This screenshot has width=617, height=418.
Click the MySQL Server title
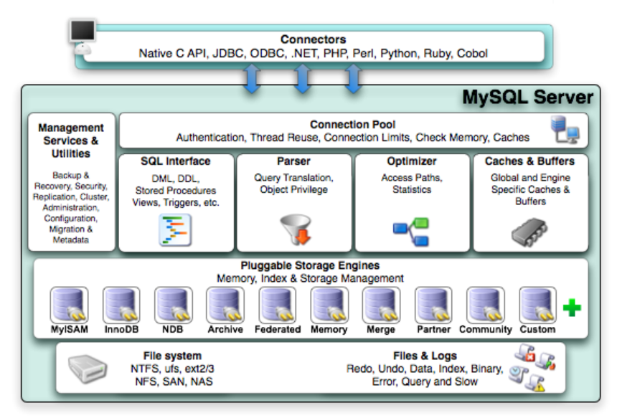pyautogui.click(x=527, y=98)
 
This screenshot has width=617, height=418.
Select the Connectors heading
pyautogui.click(x=314, y=39)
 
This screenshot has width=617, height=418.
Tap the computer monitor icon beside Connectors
pyautogui.click(x=83, y=36)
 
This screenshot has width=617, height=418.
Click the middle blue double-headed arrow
pyautogui.click(x=302, y=79)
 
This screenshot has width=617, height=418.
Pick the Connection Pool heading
pyautogui.click(x=352, y=125)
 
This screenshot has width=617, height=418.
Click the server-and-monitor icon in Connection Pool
pyautogui.click(x=565, y=129)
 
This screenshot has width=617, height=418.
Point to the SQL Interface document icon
pyautogui.click(x=175, y=230)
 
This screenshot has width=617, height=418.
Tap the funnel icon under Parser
pyautogui.click(x=296, y=229)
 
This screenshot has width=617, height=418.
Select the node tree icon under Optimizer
pyautogui.click(x=411, y=232)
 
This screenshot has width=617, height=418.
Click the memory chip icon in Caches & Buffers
pyautogui.click(x=529, y=232)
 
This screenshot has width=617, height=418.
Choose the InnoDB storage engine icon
pyautogui.click(x=121, y=305)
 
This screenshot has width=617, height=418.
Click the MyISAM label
pyautogui.click(x=70, y=330)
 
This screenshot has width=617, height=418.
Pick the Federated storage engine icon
pyautogui.click(x=278, y=305)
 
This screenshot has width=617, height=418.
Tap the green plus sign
pyautogui.click(x=572, y=308)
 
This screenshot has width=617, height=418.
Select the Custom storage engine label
pyautogui.click(x=537, y=330)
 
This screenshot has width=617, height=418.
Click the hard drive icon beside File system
pyautogui.click(x=88, y=369)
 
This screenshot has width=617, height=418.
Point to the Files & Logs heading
pyautogui.click(x=425, y=356)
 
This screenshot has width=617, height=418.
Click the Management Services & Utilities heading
pyautogui.click(x=71, y=141)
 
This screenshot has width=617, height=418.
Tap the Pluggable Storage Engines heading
pyautogui.click(x=310, y=265)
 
